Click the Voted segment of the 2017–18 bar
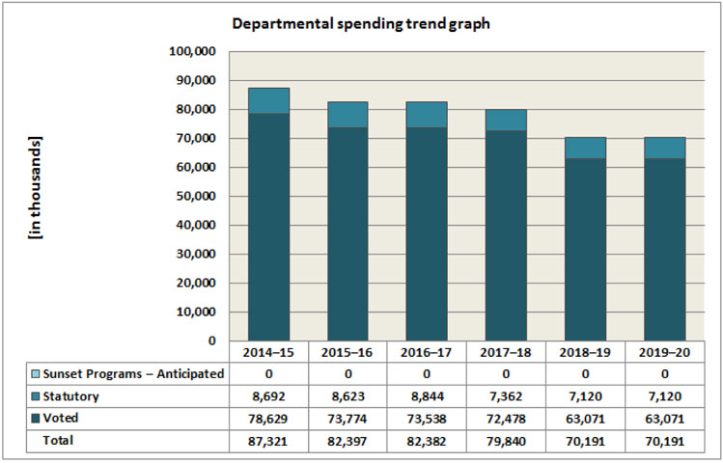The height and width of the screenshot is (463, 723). pos(506,235)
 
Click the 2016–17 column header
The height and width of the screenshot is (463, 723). pos(427,352)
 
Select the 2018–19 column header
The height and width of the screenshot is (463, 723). pos(585,352)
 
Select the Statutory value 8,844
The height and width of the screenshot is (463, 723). pos(427,395)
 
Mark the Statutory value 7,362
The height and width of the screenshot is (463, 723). pos(506,395)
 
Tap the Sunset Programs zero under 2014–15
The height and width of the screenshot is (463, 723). pos(268,373)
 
